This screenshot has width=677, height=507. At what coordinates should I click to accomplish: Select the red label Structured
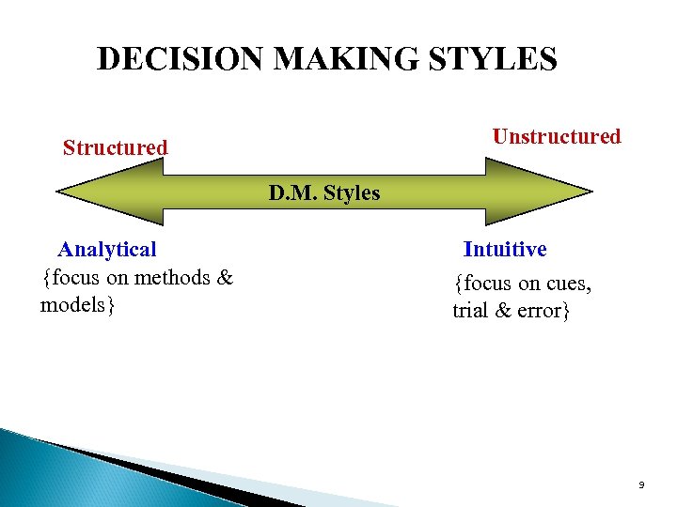[x=115, y=148]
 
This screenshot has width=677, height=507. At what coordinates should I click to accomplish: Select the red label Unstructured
[x=557, y=137]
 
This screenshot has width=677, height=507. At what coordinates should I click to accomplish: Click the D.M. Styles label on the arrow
[x=324, y=194]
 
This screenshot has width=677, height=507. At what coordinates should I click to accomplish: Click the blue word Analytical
[x=107, y=250]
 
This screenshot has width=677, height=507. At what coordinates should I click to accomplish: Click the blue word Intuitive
[x=505, y=250]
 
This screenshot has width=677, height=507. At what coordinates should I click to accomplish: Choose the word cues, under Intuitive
[x=568, y=283]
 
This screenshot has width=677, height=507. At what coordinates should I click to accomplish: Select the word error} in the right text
[x=543, y=311]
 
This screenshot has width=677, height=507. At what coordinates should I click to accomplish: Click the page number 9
[x=641, y=484]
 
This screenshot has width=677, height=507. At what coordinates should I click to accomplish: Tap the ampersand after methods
[x=225, y=278]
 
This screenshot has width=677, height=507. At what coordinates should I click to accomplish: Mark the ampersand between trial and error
[x=502, y=311]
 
